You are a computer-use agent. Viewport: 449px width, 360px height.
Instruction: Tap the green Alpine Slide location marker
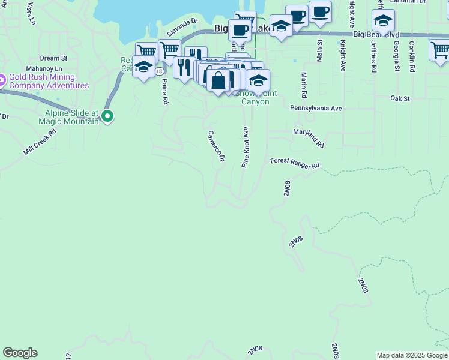pos(107,116)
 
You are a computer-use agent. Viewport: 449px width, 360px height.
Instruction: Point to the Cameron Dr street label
pos(216,146)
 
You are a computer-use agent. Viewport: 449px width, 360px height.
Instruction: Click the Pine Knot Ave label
pos(245,147)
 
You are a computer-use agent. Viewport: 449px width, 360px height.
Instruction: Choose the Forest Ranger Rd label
pos(295,163)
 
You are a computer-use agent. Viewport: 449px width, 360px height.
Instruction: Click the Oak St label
pos(399,98)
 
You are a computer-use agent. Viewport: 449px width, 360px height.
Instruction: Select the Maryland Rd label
pos(309,138)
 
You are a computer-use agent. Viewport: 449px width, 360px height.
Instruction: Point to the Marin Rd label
pos(304,85)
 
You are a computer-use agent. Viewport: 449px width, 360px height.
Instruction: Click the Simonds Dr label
pos(182,24)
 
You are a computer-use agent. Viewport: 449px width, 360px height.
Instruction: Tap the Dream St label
pos(53,58)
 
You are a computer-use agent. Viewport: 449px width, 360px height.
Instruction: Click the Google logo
pos(20,353)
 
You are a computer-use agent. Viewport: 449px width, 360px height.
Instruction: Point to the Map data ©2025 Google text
pos(411,355)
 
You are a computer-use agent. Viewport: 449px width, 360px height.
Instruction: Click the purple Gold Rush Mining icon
pos(2,79)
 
